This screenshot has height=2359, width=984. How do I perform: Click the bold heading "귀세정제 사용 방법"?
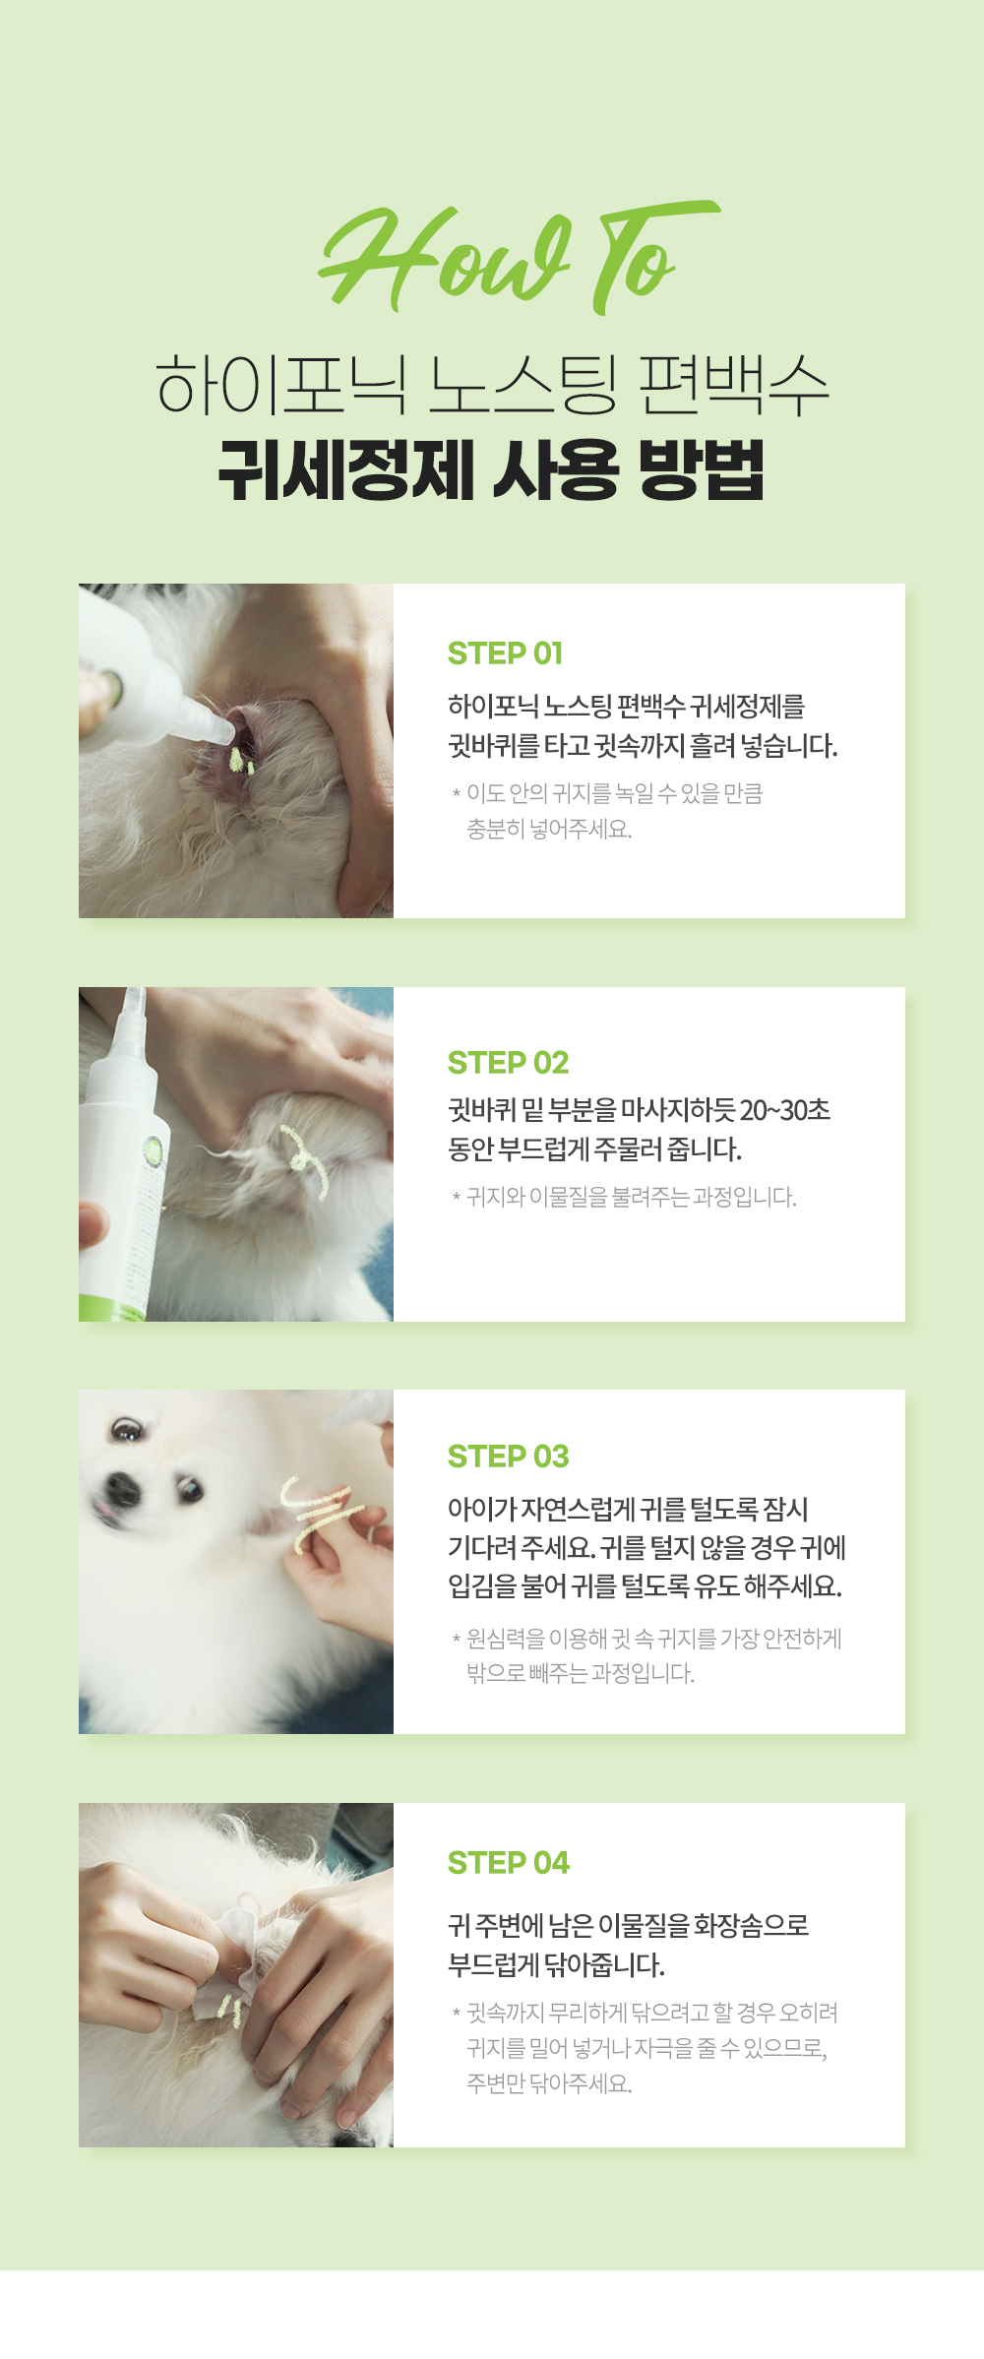tap(491, 470)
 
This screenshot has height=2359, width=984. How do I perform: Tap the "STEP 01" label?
tap(505, 653)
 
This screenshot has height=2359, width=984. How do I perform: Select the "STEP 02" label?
tap(508, 1063)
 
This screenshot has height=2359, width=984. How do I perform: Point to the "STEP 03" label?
tap(508, 1457)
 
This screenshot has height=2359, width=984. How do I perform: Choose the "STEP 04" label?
tap(508, 1863)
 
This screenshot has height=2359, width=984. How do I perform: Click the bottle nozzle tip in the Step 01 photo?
tap(224, 733)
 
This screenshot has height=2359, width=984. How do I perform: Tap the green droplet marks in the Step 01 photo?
tap(240, 761)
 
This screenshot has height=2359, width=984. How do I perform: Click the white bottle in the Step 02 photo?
tap(124, 1161)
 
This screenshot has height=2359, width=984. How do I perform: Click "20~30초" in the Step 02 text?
tap(784, 1111)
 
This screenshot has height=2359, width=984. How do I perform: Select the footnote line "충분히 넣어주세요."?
tap(549, 830)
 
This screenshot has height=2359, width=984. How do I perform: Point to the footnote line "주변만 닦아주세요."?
tap(549, 2083)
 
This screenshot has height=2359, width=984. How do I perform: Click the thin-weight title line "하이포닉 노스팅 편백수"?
tap(492, 386)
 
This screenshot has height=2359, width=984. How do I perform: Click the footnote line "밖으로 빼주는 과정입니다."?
tap(581, 1674)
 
